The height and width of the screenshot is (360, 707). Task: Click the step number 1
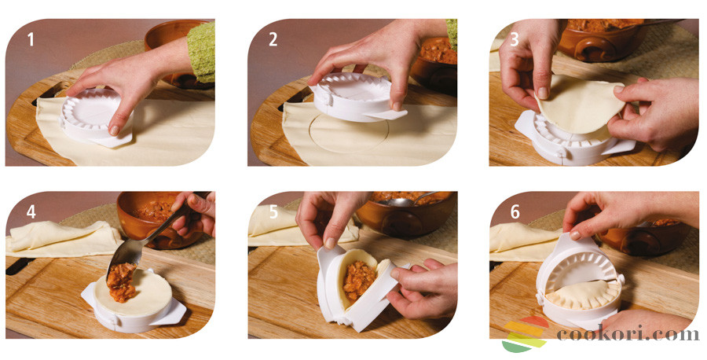(x=30, y=39)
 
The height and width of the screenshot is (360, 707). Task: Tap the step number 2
(x=273, y=39)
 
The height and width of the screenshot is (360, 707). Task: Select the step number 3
(x=515, y=39)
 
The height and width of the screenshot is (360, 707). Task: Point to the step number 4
(x=31, y=212)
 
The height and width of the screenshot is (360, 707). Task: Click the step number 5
(x=273, y=212)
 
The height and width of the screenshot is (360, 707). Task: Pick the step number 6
(x=515, y=212)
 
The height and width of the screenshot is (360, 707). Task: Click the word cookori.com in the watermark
(x=628, y=334)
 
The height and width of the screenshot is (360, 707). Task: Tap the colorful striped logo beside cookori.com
(x=526, y=334)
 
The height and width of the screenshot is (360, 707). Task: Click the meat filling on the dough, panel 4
(x=122, y=283)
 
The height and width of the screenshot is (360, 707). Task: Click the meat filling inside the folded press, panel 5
(x=359, y=281)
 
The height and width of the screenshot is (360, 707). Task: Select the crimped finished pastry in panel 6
(x=582, y=295)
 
